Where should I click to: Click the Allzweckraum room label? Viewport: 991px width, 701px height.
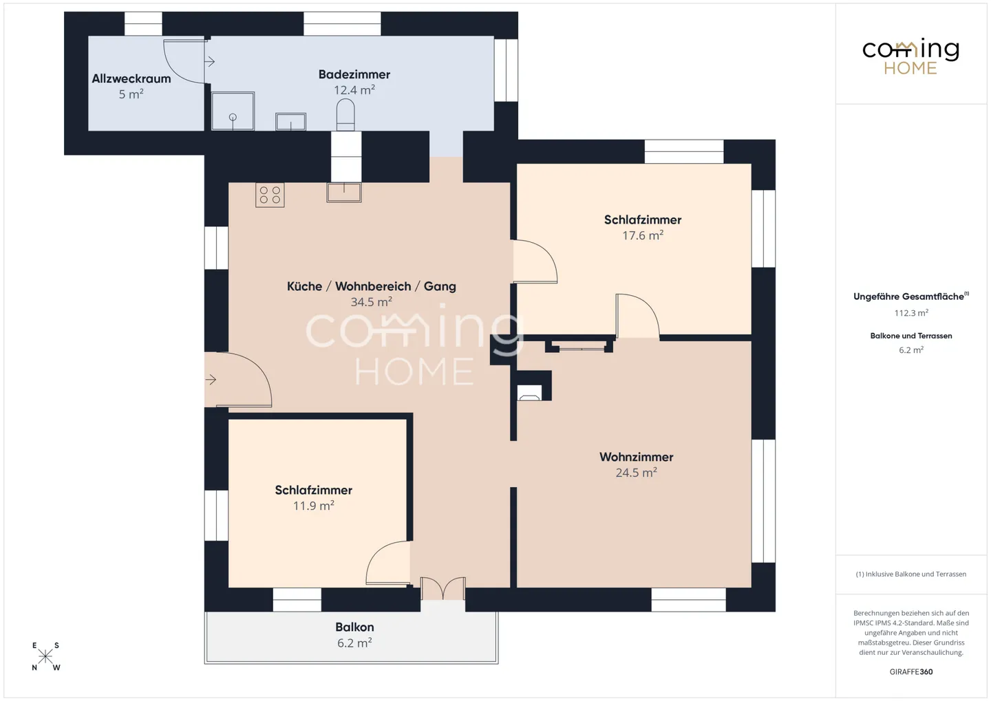coord(131,78)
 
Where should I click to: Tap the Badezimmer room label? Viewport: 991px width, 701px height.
coord(354,74)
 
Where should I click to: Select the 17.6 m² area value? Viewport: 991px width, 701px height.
coord(643,235)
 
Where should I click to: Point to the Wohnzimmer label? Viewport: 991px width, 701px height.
coord(636,457)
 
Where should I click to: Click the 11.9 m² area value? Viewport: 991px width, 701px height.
coord(313,506)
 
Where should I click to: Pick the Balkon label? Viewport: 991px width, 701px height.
coord(354,627)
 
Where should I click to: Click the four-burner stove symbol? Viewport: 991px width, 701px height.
coord(270,195)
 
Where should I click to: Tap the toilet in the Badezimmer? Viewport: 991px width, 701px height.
coord(345,114)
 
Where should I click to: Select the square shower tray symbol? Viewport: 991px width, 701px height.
coord(233,111)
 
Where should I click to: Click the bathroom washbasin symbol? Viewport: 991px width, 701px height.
coord(290,122)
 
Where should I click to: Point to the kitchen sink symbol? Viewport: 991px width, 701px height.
coord(344,192)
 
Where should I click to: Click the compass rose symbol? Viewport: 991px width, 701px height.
coord(45,656)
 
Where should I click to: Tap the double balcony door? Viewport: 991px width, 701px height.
coord(443,589)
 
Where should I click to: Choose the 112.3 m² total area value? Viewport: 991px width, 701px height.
coord(911,313)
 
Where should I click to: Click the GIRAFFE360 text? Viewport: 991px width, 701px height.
coord(911,671)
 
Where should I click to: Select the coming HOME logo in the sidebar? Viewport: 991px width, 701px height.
coord(910,56)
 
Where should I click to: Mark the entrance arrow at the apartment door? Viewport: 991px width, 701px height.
coord(211,379)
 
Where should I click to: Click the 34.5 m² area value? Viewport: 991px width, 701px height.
coord(371,302)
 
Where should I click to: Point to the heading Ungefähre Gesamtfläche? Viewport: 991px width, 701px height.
coord(908,296)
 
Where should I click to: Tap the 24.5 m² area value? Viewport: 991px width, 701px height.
coord(636,473)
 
